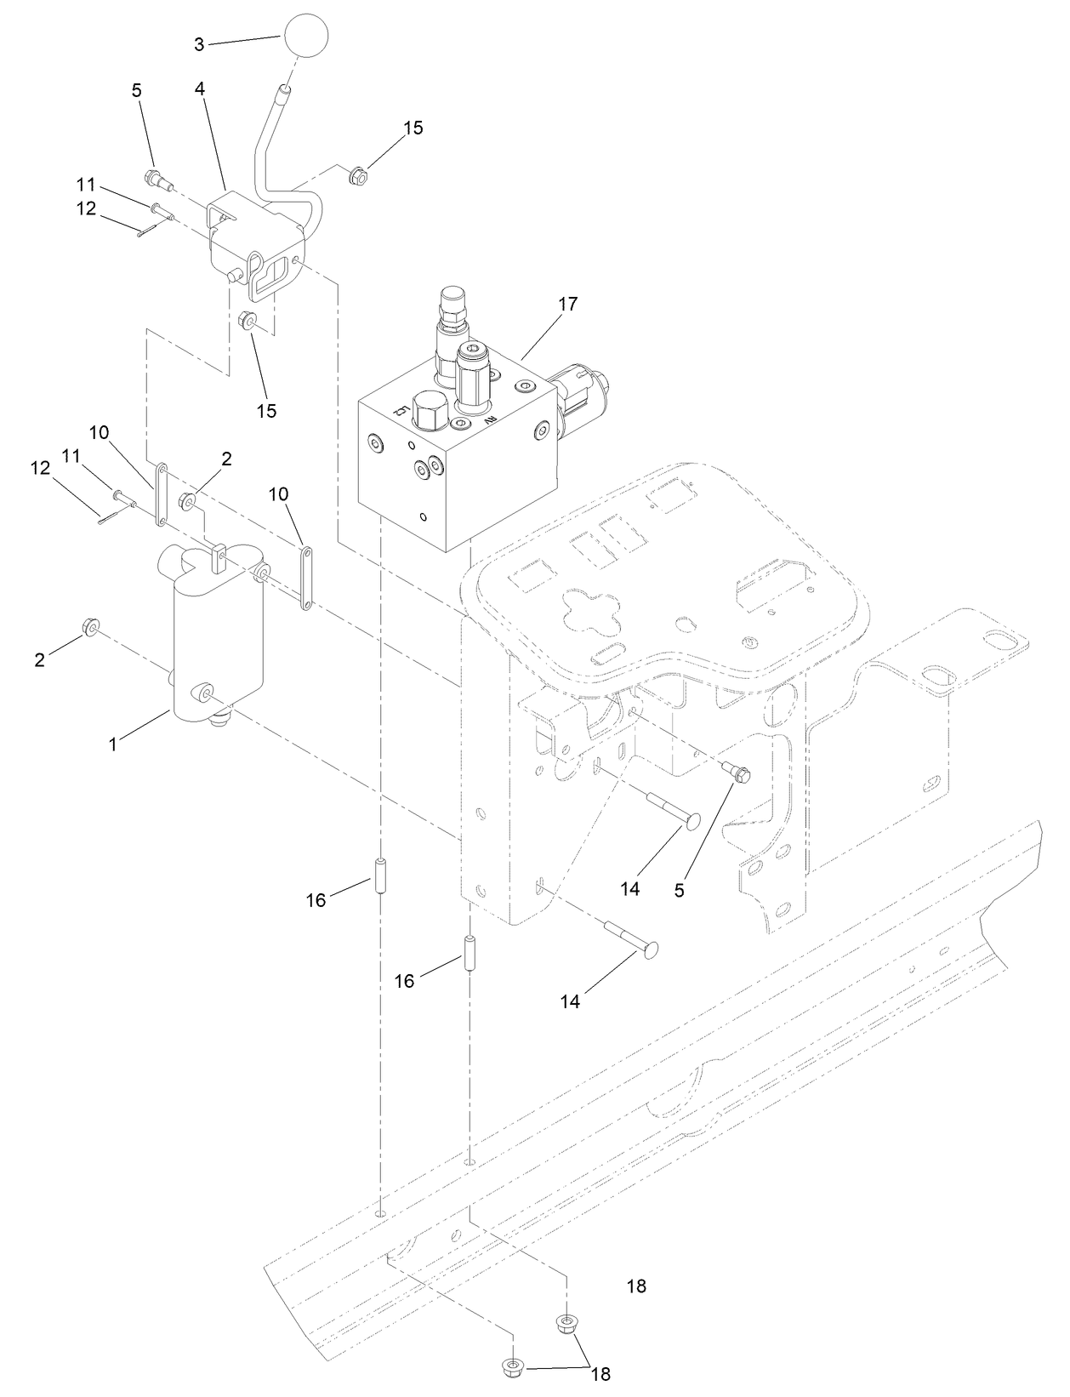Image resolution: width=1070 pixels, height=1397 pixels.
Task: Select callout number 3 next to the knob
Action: click(x=199, y=44)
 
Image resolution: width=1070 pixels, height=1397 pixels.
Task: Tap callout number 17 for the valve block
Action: click(x=568, y=304)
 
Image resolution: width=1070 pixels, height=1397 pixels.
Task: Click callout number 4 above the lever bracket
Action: click(x=199, y=89)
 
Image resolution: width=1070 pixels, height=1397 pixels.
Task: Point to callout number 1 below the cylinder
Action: click(x=112, y=744)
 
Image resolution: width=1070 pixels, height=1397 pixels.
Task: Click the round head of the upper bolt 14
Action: click(x=692, y=822)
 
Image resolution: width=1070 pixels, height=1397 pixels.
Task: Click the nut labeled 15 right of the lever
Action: click(x=357, y=175)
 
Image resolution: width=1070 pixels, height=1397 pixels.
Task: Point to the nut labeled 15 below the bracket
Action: click(x=248, y=322)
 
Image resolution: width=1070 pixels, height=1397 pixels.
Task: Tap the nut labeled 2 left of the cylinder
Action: click(x=88, y=629)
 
